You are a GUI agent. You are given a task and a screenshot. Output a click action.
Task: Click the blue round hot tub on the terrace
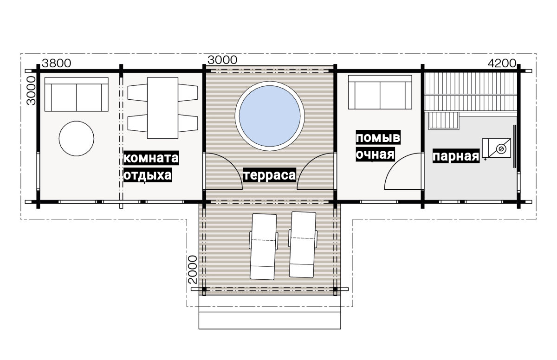(270, 116)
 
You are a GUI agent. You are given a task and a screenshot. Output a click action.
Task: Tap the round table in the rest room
(76, 139)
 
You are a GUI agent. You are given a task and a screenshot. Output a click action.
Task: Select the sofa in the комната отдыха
(76, 95)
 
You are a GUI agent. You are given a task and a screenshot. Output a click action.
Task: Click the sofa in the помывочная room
(380, 92)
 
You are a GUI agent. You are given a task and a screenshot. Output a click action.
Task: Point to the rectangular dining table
(162, 108)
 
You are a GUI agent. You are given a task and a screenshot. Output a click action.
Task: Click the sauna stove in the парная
(496, 148)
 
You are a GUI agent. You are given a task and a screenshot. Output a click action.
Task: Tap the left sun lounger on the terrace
(264, 247)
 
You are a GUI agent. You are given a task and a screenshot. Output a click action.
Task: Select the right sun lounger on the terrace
(303, 245)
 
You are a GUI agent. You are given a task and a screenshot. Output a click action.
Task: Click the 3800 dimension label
(57, 64)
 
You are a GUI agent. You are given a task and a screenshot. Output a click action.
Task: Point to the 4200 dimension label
(502, 64)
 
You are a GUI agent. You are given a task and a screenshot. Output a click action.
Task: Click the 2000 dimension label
(193, 270)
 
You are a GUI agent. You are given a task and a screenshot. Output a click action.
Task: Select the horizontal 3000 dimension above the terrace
(222, 60)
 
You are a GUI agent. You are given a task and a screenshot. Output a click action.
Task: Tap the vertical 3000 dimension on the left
(32, 90)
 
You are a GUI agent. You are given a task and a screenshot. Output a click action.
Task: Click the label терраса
(270, 175)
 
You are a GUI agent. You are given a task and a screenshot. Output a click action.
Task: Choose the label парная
(456, 156)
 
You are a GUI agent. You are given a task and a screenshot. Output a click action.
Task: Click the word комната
(151, 158)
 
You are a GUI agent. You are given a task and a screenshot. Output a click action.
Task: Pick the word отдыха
(148, 175)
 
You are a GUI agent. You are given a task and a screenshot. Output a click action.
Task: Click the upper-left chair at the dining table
(137, 93)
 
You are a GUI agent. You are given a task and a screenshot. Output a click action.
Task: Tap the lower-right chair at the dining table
(188, 123)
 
